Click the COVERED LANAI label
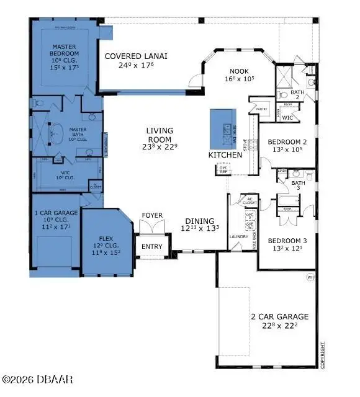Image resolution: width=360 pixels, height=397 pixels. click(x=136, y=56)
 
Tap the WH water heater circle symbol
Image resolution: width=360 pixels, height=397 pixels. click(x=310, y=277)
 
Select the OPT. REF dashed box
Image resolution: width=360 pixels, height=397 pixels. click(x=223, y=169)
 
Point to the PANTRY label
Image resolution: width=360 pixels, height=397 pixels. click(x=261, y=109)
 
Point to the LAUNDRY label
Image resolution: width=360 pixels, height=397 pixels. click(x=238, y=236)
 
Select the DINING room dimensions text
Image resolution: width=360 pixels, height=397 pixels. click(x=200, y=228)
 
